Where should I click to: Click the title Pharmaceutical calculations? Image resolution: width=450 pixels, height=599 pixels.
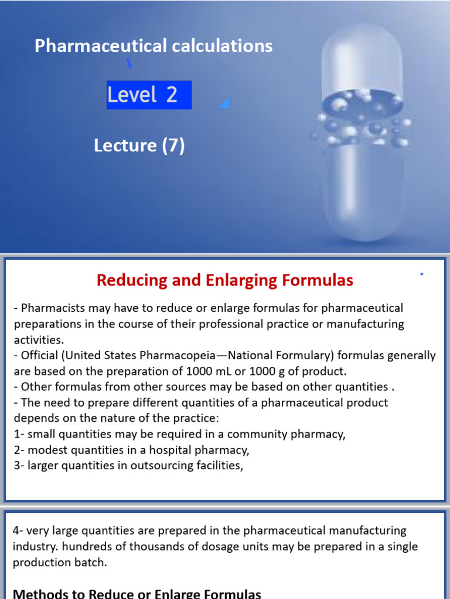point(154,46)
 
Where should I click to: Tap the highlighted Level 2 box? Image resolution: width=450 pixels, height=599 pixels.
point(149,95)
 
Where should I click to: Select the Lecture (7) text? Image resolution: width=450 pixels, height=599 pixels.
point(139,145)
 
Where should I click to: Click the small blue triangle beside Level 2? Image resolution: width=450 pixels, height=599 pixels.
point(225,103)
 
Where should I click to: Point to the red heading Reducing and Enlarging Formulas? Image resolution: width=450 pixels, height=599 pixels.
point(225,281)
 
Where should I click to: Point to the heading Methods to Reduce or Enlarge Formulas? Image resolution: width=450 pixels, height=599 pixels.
point(137,594)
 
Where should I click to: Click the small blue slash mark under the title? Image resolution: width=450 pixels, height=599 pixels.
point(129,63)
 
